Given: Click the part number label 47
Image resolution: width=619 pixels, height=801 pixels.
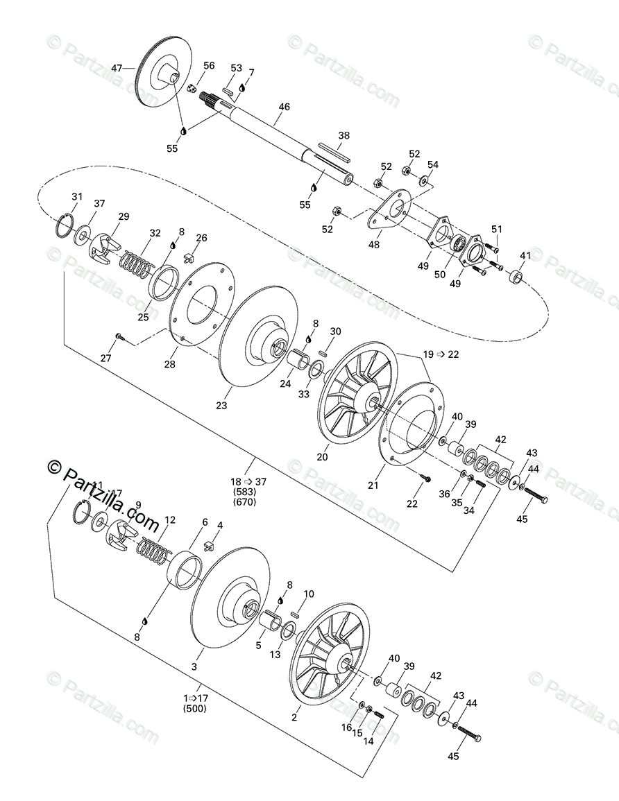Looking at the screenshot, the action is (117, 68).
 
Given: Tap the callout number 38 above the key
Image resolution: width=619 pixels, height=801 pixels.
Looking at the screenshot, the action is (344, 135).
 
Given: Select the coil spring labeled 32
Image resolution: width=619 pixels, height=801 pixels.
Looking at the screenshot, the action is (137, 264).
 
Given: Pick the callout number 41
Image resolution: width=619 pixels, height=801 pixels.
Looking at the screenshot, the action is (525, 256).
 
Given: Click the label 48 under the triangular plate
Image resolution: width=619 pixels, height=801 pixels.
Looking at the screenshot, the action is (375, 244).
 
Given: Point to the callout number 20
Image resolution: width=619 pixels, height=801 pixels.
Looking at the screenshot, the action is (323, 457).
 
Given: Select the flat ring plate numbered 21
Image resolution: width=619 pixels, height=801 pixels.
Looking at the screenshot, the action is (409, 430).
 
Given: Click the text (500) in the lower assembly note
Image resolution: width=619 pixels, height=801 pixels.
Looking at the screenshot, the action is (194, 709).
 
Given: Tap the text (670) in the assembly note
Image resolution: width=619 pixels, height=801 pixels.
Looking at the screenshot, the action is (246, 502).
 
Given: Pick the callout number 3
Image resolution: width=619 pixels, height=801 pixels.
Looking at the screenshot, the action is (194, 666).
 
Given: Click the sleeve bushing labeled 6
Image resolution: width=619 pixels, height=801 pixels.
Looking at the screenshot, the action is (186, 569).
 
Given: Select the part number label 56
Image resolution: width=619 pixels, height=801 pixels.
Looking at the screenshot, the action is (209, 66).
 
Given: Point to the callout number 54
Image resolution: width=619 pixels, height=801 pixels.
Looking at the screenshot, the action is (433, 164).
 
